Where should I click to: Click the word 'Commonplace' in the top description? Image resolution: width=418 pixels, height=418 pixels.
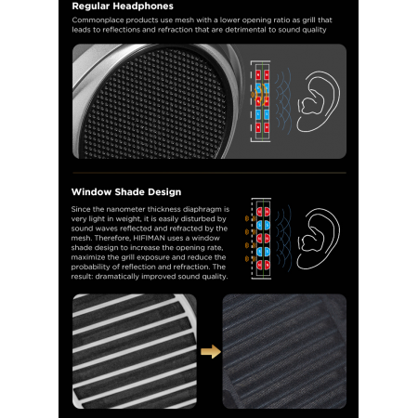click(101, 20)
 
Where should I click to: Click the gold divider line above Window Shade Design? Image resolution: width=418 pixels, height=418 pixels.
click(208, 173)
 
